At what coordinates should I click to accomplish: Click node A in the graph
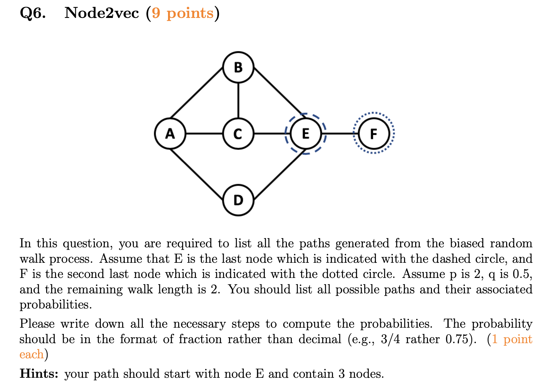tap(170, 134)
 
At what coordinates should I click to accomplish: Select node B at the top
tap(238, 67)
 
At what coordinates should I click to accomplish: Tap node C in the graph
tap(238, 134)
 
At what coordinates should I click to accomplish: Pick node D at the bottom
tap(238, 200)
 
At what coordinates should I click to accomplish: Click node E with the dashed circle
tap(305, 134)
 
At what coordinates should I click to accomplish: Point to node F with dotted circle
tap(374, 134)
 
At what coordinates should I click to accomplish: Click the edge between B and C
tap(238, 100)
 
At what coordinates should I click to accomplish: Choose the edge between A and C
tap(204, 134)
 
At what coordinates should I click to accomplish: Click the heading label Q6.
tap(32, 13)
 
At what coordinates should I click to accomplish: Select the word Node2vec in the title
tap(102, 13)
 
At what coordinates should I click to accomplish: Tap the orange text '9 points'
tap(183, 13)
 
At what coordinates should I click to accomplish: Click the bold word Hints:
tap(39, 374)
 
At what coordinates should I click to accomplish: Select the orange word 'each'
tap(31, 354)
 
